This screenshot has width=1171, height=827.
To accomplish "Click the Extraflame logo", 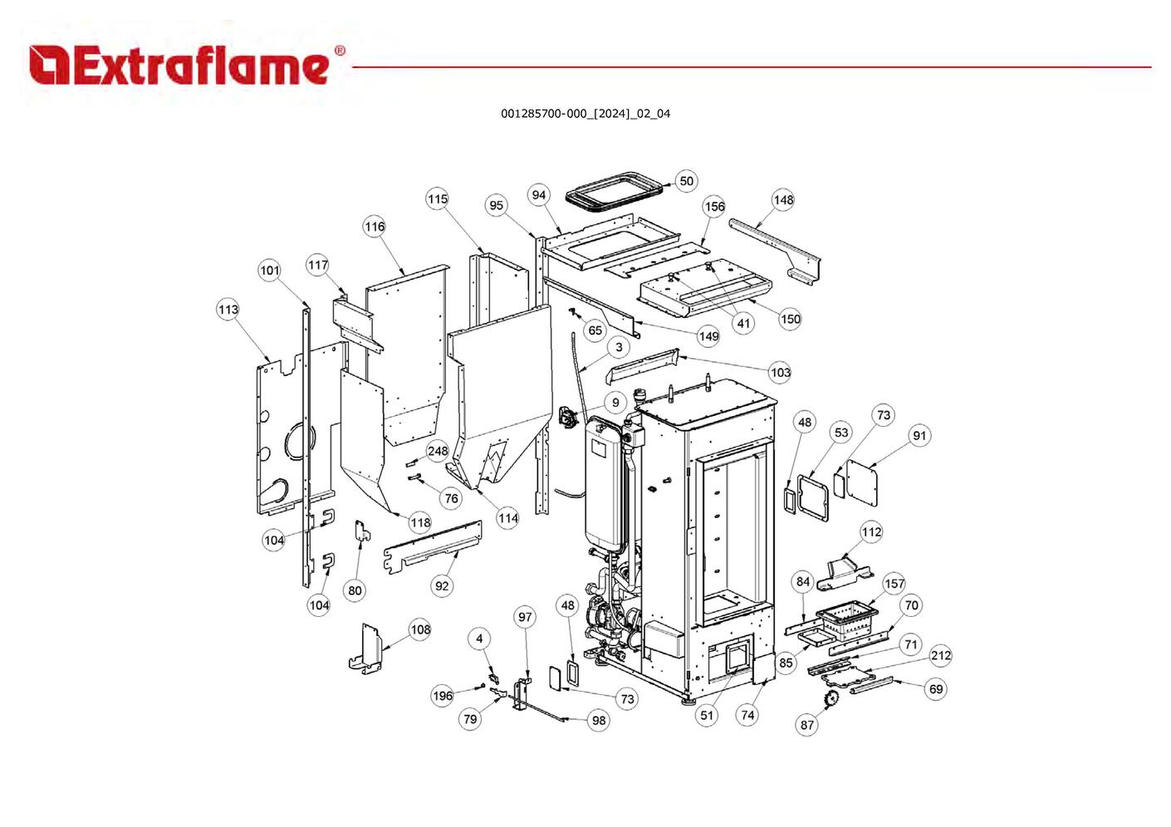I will pos(179,66).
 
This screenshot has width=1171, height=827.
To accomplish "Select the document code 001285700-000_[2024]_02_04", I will pos(585,114).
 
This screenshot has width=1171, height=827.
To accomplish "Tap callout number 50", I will pos(686,181).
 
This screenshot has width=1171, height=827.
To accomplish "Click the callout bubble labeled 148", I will pos(783,200).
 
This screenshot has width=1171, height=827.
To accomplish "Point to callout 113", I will pos(228,310).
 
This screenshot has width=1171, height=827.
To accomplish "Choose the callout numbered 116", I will pos(375,227).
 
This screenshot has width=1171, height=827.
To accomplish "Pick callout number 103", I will pos(780,373).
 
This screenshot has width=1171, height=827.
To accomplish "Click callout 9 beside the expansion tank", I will pos(615,403).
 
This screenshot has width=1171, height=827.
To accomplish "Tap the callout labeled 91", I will pos(919,436).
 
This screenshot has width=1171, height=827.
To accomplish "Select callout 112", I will pos(871,532).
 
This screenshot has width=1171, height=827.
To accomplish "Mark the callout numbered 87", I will pos(807,725).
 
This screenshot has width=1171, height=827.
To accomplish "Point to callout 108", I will pos(421,629).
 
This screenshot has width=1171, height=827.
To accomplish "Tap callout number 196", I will pos(443,696).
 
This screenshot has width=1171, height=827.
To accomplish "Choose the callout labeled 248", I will pos(438,452).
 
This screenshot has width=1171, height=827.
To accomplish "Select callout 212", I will pos(940,656).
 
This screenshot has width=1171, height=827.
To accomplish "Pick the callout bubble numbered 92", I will pos(442,586).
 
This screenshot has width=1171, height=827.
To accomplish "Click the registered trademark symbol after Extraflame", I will pos(340,51).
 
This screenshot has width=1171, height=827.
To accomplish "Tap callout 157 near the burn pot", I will pos(894,584).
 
